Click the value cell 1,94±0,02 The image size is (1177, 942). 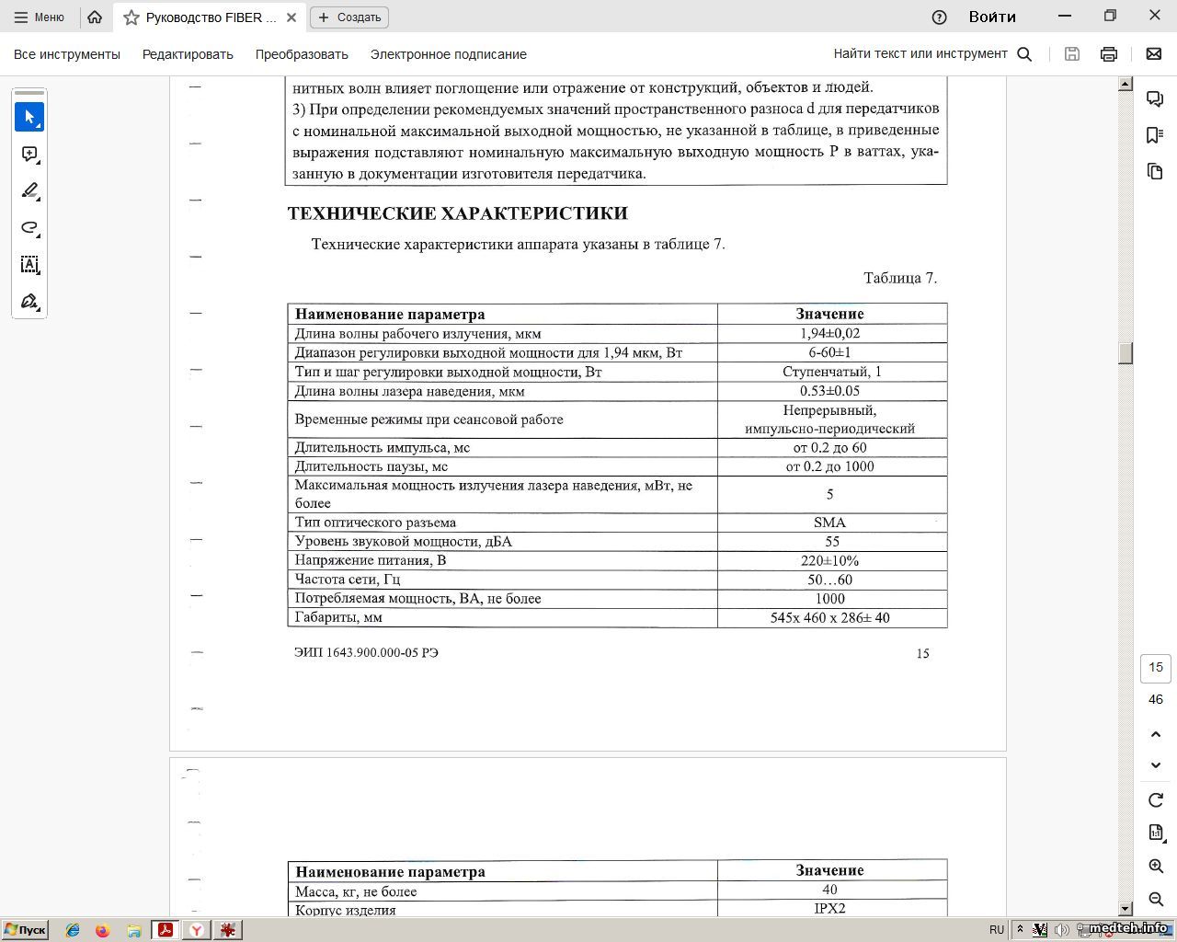point(829,334)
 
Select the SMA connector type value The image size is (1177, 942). point(829,523)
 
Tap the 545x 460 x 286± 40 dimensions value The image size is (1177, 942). point(829,618)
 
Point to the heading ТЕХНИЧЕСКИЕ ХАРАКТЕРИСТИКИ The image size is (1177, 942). point(457,213)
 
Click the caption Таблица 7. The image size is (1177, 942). point(899,278)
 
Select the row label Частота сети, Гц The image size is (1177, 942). point(348,580)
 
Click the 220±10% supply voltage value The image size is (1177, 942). point(829,561)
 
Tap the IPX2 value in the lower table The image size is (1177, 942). point(829,909)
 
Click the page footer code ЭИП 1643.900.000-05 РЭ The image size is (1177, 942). point(366,653)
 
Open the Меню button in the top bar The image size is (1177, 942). point(40,17)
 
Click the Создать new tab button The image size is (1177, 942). point(349,17)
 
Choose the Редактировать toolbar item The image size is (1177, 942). point(188,54)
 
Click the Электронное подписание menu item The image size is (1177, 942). point(448,54)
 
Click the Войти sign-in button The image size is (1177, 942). point(992,17)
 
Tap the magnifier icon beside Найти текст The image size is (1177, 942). point(1024,54)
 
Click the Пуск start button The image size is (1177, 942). point(25,930)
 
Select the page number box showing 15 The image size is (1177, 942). point(1156,667)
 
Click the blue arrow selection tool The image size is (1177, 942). point(29,117)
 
